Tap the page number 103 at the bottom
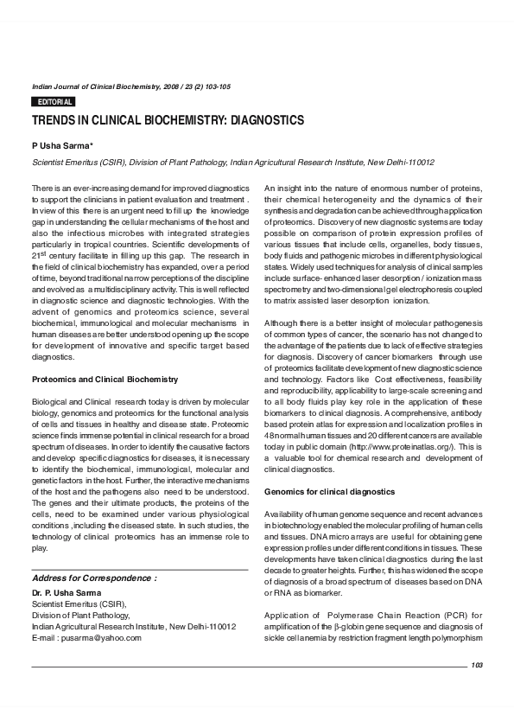click(x=476, y=664)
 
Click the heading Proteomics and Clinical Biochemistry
click(x=105, y=380)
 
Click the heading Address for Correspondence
click(x=94, y=577)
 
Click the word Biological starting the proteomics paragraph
click(x=51, y=402)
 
